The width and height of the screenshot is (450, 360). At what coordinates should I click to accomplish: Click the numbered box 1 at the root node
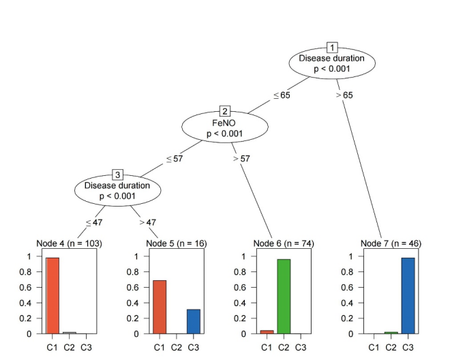point(332,48)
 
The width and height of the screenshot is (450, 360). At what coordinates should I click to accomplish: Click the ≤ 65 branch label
point(282,95)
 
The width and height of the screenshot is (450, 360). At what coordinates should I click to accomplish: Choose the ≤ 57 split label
point(174,160)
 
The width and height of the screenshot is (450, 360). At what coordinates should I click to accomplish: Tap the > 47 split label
point(148,222)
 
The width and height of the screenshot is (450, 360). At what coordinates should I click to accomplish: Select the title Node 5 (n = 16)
point(177,243)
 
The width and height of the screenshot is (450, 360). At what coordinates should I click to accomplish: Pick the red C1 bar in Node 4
point(52,296)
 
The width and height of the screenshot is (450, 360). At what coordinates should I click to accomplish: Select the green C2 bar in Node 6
point(284,297)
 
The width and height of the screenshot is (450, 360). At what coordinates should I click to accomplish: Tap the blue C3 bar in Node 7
point(408,296)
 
